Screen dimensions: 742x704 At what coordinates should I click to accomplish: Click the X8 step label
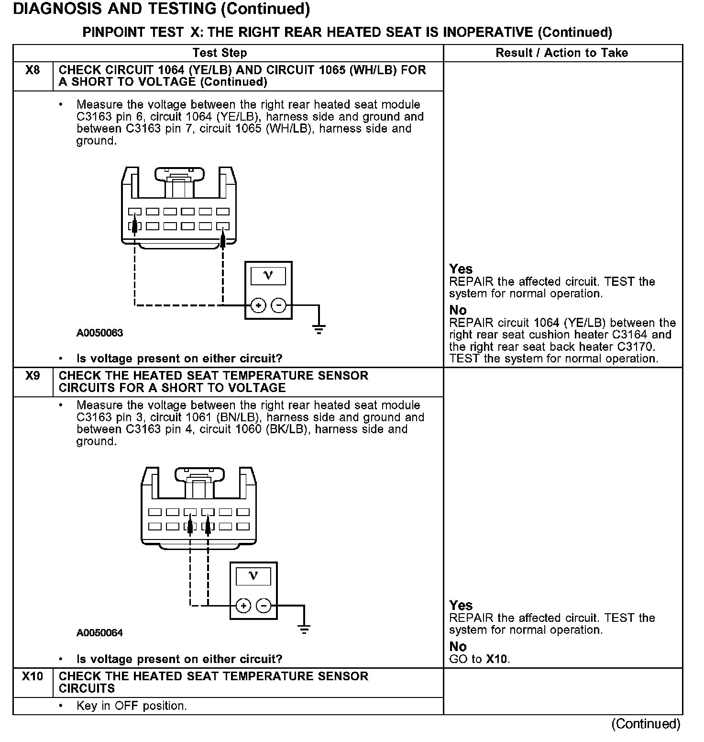[33, 70]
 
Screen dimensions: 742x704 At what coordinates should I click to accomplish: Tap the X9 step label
[33, 376]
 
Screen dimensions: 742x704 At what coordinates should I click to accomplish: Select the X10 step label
[33, 676]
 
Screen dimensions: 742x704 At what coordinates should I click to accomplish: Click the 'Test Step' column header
[220, 53]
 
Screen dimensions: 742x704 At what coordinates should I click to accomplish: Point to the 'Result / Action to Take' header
[561, 53]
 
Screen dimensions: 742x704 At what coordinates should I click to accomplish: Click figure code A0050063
[99, 333]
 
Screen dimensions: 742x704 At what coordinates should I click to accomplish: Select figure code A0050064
[99, 633]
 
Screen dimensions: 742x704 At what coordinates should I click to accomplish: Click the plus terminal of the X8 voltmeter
[258, 305]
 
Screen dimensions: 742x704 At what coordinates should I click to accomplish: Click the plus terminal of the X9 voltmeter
[243, 606]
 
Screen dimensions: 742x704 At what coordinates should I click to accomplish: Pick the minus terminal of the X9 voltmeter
[264, 606]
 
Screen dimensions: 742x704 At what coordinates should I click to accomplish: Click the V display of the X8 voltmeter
[268, 276]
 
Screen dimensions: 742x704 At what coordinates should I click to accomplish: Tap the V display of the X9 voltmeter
[253, 576]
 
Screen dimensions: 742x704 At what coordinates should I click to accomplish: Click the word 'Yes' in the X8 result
[461, 270]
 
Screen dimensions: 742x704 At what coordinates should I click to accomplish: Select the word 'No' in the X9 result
[458, 647]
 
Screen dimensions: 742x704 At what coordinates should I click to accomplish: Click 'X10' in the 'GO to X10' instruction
[497, 659]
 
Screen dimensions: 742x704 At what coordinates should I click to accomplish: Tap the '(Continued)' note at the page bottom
[645, 724]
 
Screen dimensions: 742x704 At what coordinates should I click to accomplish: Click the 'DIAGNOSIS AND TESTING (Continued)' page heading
[161, 9]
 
